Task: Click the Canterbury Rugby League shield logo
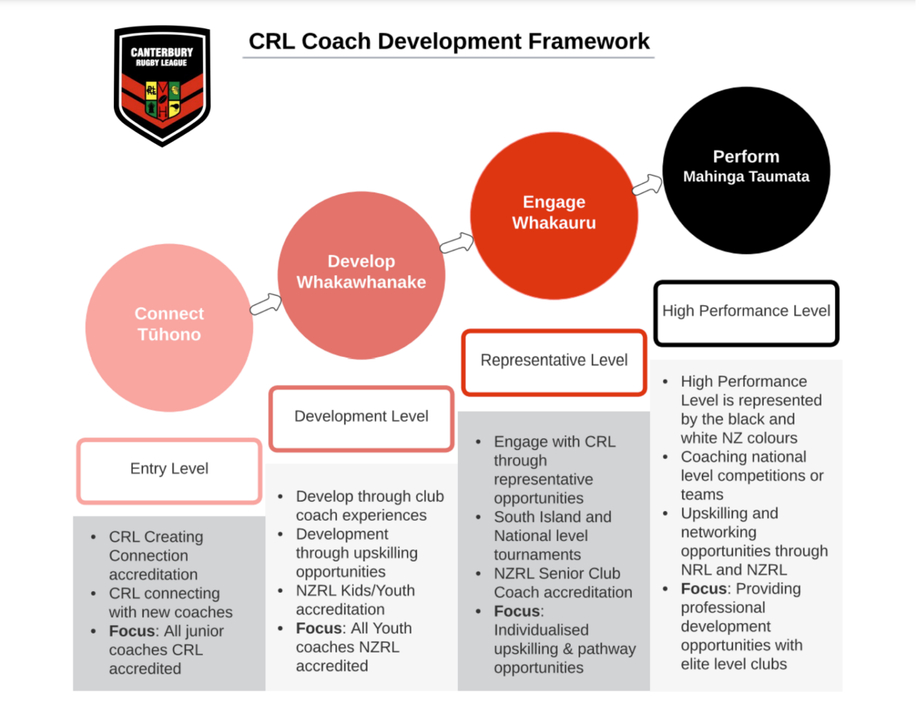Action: [x=162, y=85]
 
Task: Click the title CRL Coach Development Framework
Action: [x=448, y=42]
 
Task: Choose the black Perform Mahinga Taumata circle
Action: [x=745, y=170]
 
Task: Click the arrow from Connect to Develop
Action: [x=265, y=304]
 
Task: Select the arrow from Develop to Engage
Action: [x=457, y=243]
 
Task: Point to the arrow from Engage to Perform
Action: [x=647, y=185]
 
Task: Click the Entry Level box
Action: [x=169, y=470]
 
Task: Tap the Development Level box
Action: [x=361, y=417]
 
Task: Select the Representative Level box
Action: [x=553, y=361]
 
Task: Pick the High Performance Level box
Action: [x=745, y=312]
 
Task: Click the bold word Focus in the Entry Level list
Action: [x=131, y=631]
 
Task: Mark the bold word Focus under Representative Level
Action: [x=516, y=611]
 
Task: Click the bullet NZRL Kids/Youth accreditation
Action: [x=355, y=600]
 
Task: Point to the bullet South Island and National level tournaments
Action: [x=552, y=536]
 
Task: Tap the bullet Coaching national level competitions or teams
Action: [x=751, y=475]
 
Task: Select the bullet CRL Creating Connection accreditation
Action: [x=156, y=555]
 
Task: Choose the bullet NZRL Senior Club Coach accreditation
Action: [x=562, y=583]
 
